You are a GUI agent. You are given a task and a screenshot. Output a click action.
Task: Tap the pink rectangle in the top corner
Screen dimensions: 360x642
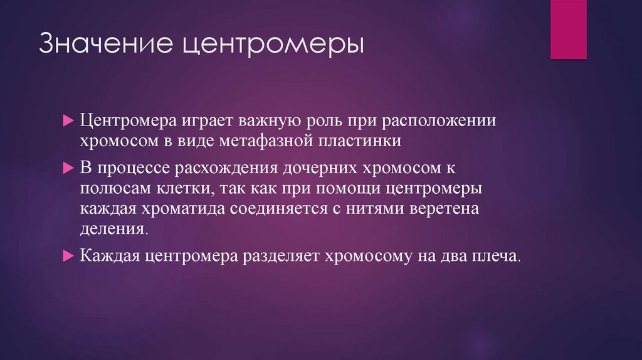[568, 29]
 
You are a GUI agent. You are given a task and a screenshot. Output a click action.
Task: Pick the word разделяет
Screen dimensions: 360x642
[276, 257]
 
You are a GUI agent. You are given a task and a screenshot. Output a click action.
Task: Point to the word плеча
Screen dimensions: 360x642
[499, 257]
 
